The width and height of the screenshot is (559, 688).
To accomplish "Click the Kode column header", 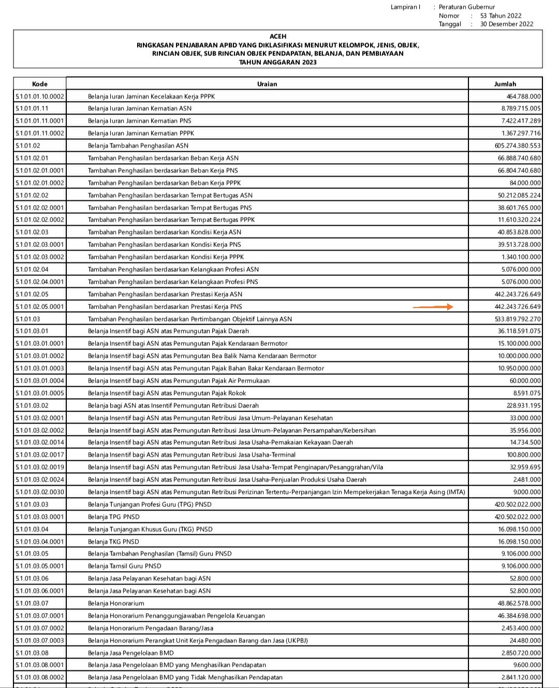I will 40,84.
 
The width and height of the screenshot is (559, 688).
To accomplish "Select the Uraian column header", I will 267,84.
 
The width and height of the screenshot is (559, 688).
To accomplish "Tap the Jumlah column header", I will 505,84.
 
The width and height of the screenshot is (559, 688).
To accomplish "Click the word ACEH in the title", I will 278,37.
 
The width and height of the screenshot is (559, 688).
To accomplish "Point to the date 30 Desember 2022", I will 507,24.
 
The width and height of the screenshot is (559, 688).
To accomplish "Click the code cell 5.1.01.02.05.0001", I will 40,307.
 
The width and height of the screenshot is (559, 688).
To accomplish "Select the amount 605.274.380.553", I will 518,146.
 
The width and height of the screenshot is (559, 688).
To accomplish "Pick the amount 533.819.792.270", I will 518,319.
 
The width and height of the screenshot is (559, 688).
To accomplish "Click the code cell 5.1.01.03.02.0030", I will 40,492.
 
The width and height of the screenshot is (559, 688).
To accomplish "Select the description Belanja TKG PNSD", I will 113,541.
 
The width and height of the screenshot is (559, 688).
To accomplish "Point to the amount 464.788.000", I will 524,96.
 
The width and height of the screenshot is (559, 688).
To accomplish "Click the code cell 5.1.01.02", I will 28,146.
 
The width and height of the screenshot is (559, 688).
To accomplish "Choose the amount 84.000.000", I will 525,183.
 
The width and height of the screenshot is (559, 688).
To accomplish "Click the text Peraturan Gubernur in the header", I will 467,7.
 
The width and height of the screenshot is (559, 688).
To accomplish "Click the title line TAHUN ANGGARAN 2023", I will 278,62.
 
